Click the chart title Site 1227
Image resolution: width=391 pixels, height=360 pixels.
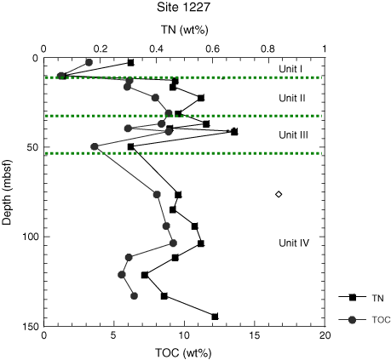coord(183,7)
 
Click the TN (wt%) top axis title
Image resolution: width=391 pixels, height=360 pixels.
coord(185,30)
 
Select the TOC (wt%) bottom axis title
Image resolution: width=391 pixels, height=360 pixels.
coord(183,353)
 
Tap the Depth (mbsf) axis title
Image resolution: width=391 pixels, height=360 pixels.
coord(7,192)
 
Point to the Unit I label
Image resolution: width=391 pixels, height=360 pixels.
coord(290,69)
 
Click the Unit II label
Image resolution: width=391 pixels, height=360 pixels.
coord(292,98)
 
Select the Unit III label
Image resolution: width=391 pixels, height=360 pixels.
coord(293,135)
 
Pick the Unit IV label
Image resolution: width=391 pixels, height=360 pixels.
coord(294,243)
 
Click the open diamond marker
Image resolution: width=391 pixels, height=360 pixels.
coord(279,194)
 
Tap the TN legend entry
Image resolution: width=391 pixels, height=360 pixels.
coord(361,298)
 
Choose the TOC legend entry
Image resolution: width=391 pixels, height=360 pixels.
coord(365,320)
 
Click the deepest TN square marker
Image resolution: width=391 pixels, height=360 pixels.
coord(215,317)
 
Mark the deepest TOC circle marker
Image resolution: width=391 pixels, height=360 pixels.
coord(134,296)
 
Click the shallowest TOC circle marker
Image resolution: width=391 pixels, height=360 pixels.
coord(89,62)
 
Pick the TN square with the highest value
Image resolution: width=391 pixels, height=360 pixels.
coord(234,132)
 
